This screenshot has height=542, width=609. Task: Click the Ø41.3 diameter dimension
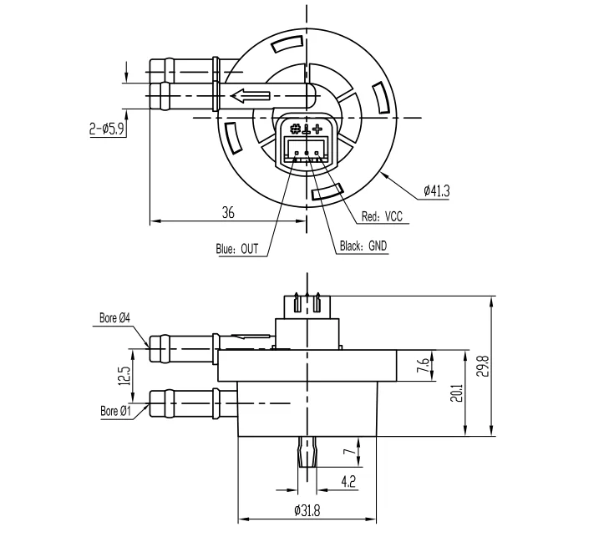point(436,191)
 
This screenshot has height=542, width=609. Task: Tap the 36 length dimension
point(228,213)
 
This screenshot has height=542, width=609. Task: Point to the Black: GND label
point(363,246)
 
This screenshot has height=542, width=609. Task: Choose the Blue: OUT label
point(237,249)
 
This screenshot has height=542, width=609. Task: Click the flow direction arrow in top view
point(251,96)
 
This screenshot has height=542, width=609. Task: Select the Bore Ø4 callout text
point(114,318)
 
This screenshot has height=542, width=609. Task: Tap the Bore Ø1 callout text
point(115,411)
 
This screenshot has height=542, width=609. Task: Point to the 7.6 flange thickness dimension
point(424,364)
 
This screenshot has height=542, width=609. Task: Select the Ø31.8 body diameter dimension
point(307,510)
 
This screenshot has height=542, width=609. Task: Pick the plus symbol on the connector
point(317,129)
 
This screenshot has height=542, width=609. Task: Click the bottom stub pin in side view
point(307,452)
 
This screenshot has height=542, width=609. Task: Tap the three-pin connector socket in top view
point(306,147)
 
